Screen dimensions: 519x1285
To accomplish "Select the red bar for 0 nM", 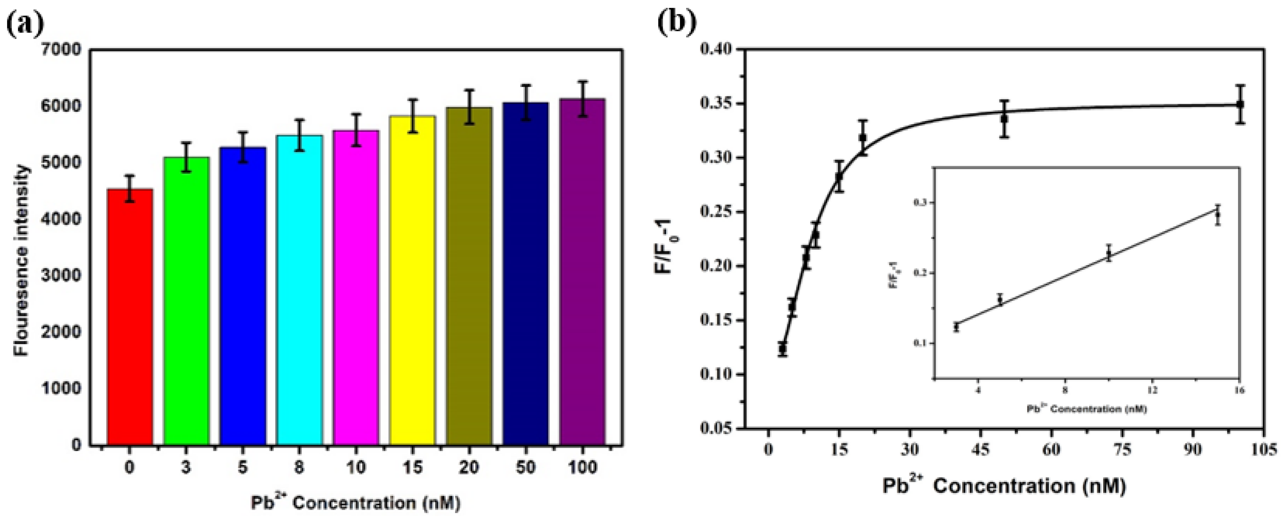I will (x=130, y=317).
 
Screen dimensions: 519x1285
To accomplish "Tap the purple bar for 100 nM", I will (x=582, y=272).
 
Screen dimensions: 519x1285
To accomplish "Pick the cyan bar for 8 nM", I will (x=299, y=290).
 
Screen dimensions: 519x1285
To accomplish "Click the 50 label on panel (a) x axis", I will (x=525, y=468).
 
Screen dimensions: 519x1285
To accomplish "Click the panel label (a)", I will (x=25, y=22).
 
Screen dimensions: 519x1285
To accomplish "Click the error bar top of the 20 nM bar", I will (x=469, y=90).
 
